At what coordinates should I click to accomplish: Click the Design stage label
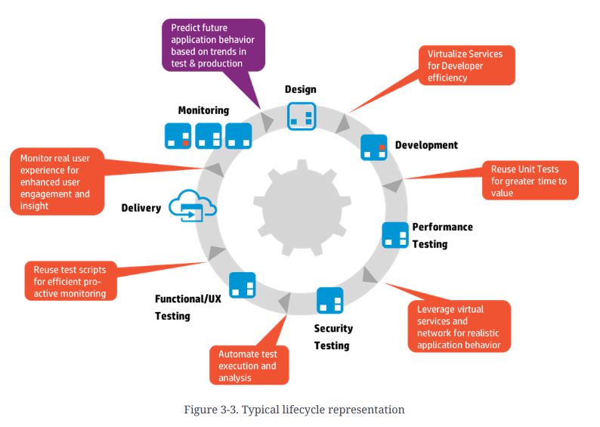tap(300, 89)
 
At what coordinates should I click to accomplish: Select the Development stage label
tap(426, 145)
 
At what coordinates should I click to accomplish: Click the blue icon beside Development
tap(373, 147)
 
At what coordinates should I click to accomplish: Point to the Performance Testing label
tap(441, 235)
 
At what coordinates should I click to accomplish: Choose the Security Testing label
tap(332, 337)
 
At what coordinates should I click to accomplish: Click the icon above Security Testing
tap(330, 300)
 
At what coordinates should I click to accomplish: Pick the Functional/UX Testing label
tap(188, 307)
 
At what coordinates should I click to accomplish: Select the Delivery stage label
tap(141, 208)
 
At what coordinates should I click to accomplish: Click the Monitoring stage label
tap(203, 110)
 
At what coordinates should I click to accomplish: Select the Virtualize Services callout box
tap(466, 66)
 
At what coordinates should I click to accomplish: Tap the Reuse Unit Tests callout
tap(530, 181)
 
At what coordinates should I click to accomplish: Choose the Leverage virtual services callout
tap(459, 326)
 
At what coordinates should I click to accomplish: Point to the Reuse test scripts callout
tap(70, 281)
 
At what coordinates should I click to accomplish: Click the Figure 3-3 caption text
tap(294, 410)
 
